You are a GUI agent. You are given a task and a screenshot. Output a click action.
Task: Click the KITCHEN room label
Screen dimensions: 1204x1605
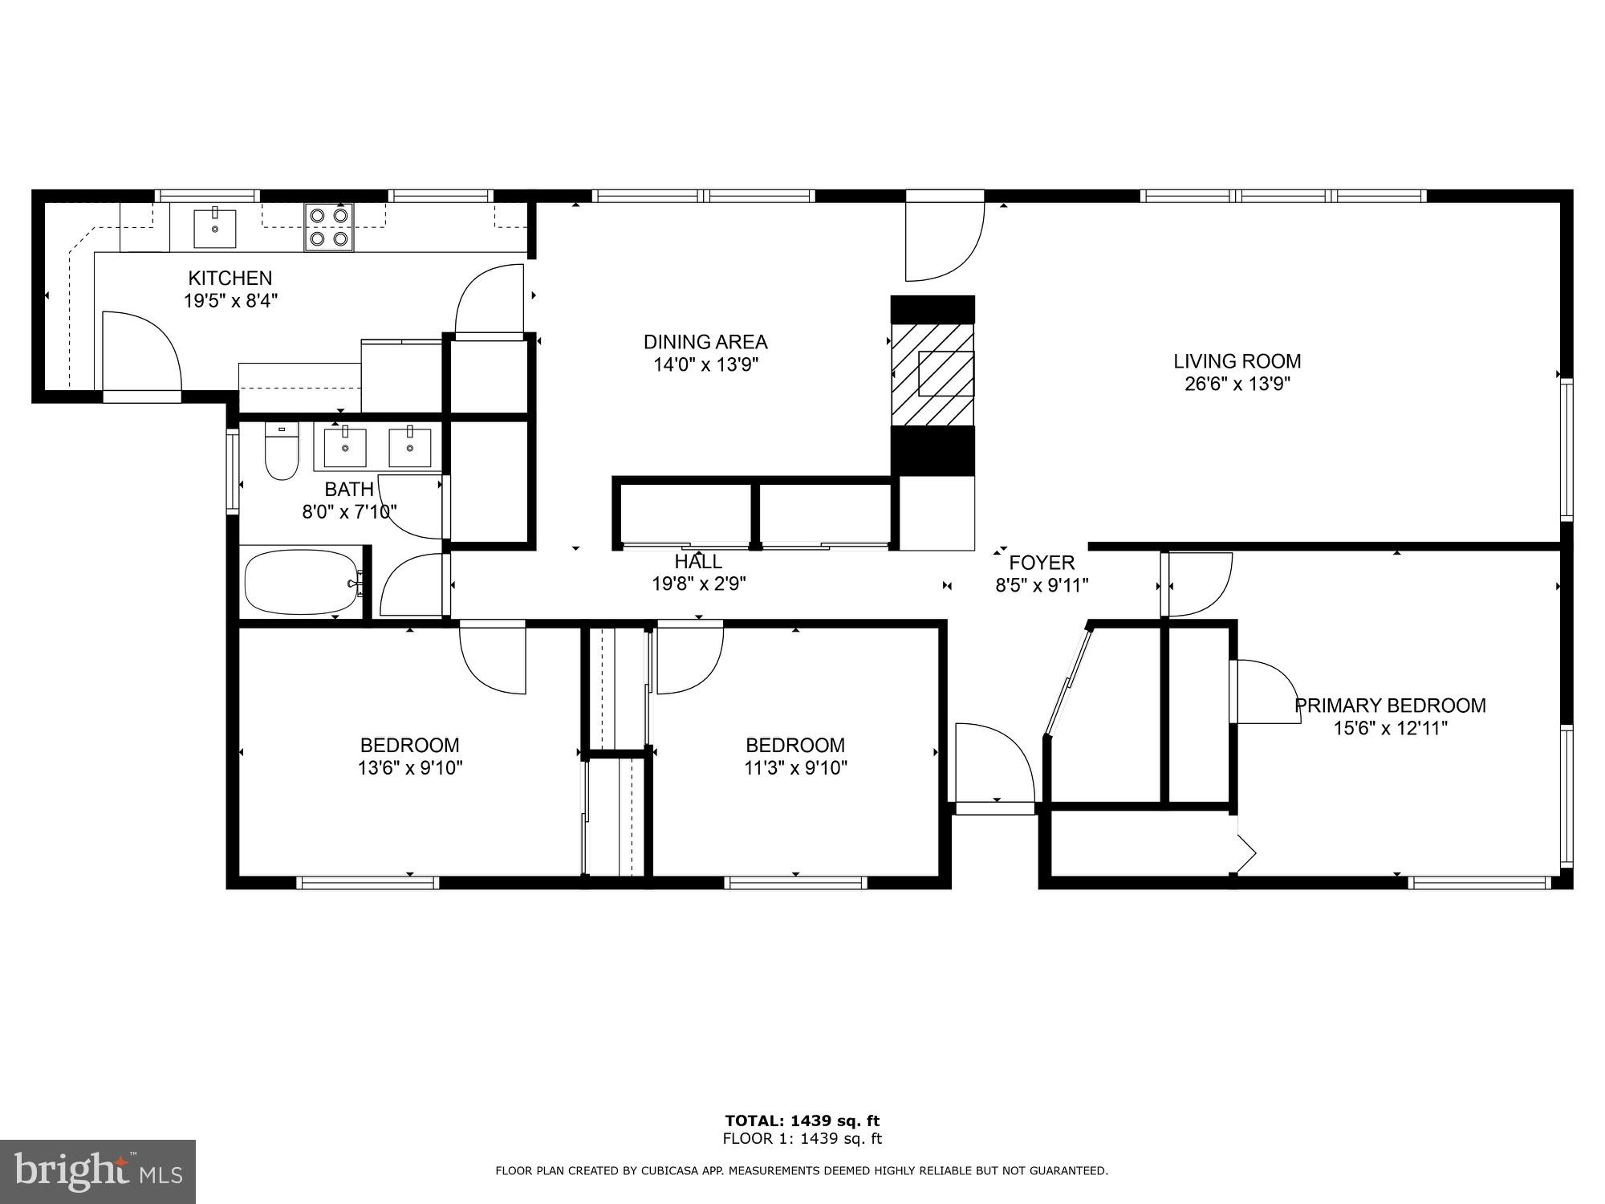[230, 279]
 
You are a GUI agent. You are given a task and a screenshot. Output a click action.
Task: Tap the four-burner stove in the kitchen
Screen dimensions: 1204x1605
[329, 227]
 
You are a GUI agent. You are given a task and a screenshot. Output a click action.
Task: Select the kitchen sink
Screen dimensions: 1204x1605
[215, 227]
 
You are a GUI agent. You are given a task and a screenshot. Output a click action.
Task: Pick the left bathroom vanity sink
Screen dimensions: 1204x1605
[345, 448]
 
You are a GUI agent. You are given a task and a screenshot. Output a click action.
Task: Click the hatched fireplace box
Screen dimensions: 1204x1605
[933, 374]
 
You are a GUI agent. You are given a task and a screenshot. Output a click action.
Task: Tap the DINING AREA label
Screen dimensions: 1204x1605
[705, 342]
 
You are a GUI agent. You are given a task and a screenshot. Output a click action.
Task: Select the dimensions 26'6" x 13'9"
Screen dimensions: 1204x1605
[1237, 384]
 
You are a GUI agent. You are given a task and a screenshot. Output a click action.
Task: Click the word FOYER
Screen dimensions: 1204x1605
[1042, 563]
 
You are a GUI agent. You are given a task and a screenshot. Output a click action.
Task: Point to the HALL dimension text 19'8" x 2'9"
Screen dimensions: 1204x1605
[699, 584]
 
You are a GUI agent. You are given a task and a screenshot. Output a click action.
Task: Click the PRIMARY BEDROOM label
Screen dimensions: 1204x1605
[1390, 706]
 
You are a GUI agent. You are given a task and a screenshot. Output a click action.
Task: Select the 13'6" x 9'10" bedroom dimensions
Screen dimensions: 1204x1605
[409, 768]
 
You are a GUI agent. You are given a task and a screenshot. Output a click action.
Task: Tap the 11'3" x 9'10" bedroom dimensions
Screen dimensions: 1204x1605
[795, 768]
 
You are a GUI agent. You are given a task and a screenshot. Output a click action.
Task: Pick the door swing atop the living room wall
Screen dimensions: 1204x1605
[944, 238]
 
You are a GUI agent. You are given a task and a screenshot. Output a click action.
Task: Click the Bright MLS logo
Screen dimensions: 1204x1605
[97, 1171]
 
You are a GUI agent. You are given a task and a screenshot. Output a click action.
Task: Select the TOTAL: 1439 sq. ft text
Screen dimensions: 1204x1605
[802, 1121]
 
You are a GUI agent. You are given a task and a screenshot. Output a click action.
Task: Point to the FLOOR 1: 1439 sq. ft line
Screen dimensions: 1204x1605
[802, 1138]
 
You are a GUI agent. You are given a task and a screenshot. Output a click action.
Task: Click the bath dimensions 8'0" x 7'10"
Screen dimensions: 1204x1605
[349, 511]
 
